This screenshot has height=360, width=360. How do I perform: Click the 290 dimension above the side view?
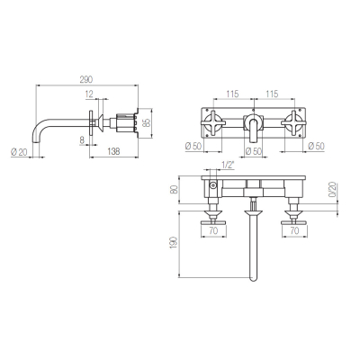tap(86, 79)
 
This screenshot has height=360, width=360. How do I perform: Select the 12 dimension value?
tap(90, 94)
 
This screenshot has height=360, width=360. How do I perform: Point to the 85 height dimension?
tap(146, 123)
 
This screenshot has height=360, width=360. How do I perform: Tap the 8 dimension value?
tap(83, 139)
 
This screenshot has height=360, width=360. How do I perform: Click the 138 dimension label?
tap(112, 151)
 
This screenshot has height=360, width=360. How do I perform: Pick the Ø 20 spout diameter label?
tap(19, 152)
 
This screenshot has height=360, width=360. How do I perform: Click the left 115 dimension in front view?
tap(232, 94)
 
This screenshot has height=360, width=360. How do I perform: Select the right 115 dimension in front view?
tap(272, 94)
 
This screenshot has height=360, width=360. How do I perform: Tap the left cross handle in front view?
tap(213, 123)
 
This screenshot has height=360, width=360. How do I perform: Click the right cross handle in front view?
tap(292, 123)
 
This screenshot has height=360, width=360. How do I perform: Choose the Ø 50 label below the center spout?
tap(254, 151)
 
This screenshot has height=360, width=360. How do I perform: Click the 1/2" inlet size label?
tap(228, 165)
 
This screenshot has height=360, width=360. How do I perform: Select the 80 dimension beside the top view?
tap(175, 190)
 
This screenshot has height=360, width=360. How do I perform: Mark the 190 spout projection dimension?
tap(175, 244)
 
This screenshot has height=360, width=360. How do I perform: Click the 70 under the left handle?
tap(213, 230)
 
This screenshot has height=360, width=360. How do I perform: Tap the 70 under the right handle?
tap(295, 230)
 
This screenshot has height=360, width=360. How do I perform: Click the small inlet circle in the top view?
tap(213, 185)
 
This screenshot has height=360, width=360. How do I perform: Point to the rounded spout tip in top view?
tap(254, 278)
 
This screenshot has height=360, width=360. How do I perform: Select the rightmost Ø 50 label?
tap(316, 146)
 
